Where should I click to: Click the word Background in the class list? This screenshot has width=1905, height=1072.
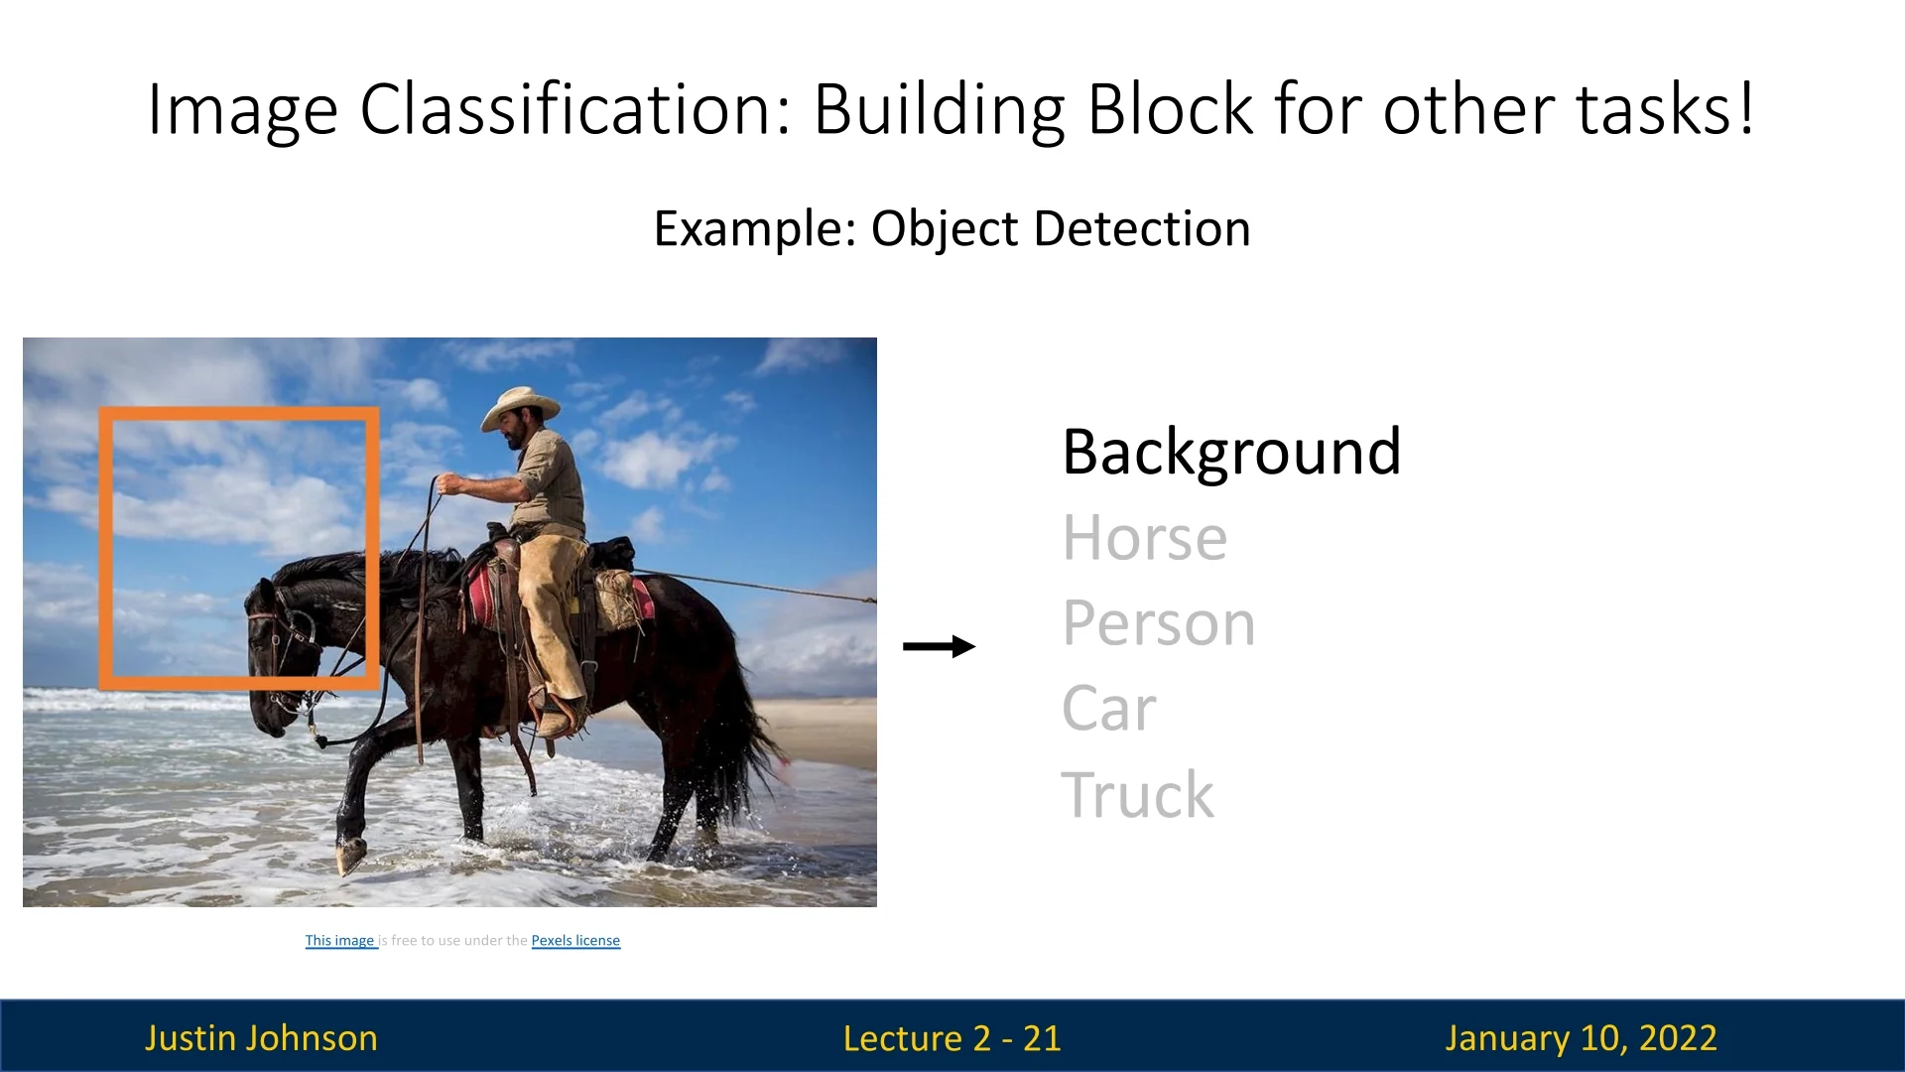coord(1231,453)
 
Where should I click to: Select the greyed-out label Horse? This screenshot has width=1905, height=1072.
coord(1145,538)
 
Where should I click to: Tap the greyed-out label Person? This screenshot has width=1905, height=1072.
coord(1159,623)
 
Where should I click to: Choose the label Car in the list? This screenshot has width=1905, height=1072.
coord(1109,709)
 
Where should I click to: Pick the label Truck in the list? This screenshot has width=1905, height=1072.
coord(1137,794)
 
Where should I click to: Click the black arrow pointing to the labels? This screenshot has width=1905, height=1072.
coord(939,646)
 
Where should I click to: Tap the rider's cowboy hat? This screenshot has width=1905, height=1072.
coord(520,406)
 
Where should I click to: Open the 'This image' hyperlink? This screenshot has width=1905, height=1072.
coord(341,940)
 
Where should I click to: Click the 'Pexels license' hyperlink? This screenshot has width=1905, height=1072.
coord(575,940)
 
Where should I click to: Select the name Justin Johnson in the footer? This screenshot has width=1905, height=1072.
coord(261,1037)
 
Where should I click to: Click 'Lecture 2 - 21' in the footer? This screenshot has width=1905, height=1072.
coord(952,1038)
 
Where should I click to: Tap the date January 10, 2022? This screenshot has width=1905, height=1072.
coord(1581,1038)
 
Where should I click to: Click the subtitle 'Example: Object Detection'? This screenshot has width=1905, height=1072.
coord(952,229)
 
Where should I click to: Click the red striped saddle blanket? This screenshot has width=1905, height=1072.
coord(483,597)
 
